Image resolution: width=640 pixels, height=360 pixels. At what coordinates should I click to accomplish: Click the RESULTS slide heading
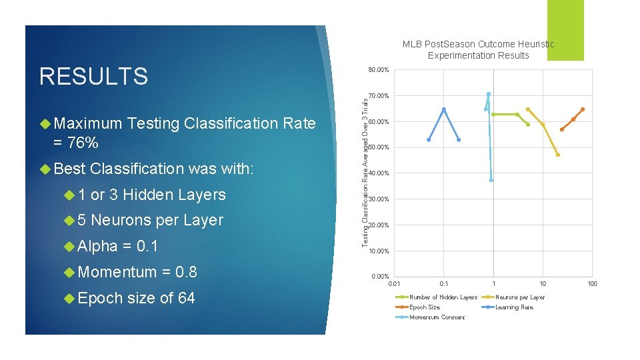pos(93,77)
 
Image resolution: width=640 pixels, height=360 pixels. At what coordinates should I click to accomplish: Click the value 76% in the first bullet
pos(83,142)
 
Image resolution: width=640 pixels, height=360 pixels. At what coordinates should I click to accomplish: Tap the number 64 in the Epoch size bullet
pos(186,298)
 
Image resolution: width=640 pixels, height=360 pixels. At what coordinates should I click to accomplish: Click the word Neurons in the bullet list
pos(122,220)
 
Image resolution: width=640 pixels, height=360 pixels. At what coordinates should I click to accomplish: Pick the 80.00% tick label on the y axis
pos(379,70)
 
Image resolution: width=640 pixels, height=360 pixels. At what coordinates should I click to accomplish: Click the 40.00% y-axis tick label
pos(379,173)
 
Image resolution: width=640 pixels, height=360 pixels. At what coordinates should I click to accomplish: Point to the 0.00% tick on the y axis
pos(380,277)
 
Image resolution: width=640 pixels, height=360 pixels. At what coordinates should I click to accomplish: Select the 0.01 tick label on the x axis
pos(395,284)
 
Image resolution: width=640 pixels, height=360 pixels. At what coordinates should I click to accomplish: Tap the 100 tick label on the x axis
pos(592,284)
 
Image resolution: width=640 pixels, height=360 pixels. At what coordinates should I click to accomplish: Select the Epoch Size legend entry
pos(425,307)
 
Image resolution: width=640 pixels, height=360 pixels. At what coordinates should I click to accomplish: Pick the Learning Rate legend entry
pos(514,307)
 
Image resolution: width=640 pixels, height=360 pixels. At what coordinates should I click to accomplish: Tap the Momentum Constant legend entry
pos(437,317)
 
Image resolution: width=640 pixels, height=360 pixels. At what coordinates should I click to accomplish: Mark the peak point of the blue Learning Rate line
pos(444,109)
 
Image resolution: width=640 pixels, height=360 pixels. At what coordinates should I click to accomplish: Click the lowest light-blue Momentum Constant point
pos(491,180)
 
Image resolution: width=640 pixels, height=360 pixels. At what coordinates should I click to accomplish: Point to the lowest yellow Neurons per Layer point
pos(557,155)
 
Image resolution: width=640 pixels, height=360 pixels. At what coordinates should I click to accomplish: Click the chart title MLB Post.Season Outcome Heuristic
pos(478,44)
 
